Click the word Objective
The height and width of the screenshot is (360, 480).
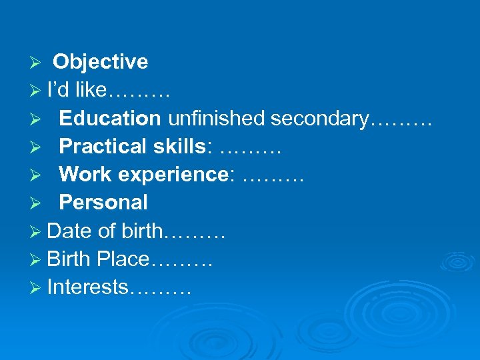tap(100, 62)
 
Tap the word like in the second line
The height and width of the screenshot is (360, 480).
tap(91, 90)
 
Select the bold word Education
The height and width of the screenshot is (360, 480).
tap(109, 118)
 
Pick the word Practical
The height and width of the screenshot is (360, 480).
tap(103, 146)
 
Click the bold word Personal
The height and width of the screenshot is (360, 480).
tap(103, 202)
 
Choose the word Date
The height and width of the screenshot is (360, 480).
tap(70, 231)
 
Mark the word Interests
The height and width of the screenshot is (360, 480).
tap(88, 287)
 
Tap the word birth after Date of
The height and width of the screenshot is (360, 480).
tap(141, 231)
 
